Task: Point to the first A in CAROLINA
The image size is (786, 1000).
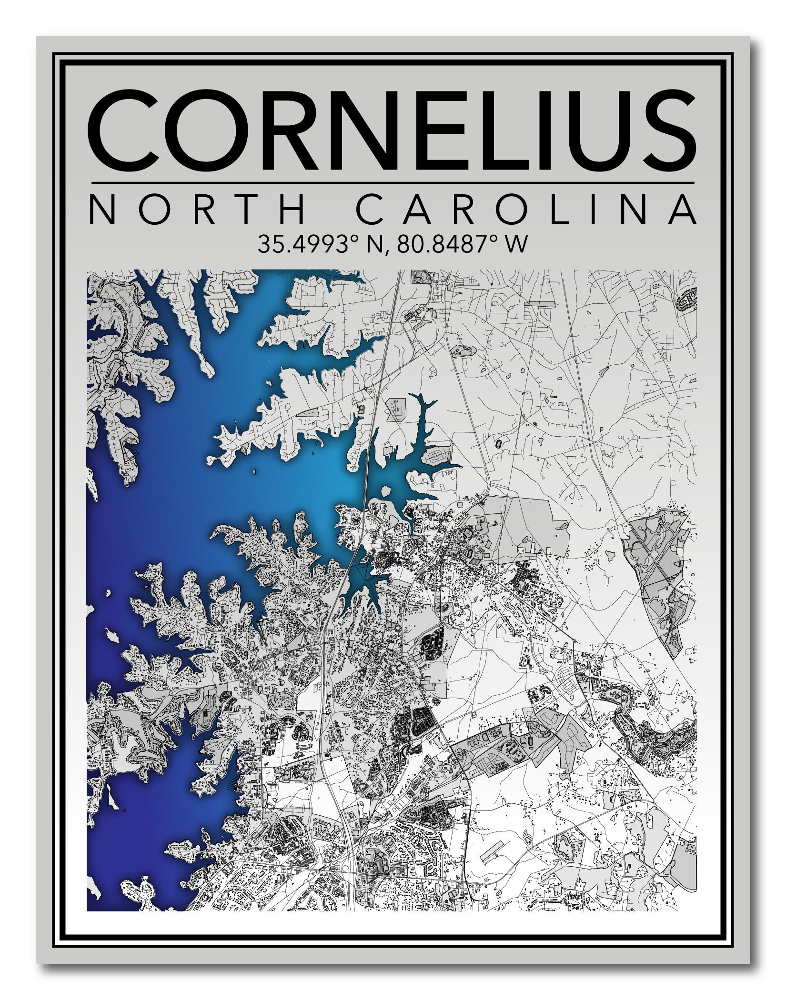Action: click(x=419, y=210)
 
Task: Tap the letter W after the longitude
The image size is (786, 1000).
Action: click(x=518, y=244)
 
